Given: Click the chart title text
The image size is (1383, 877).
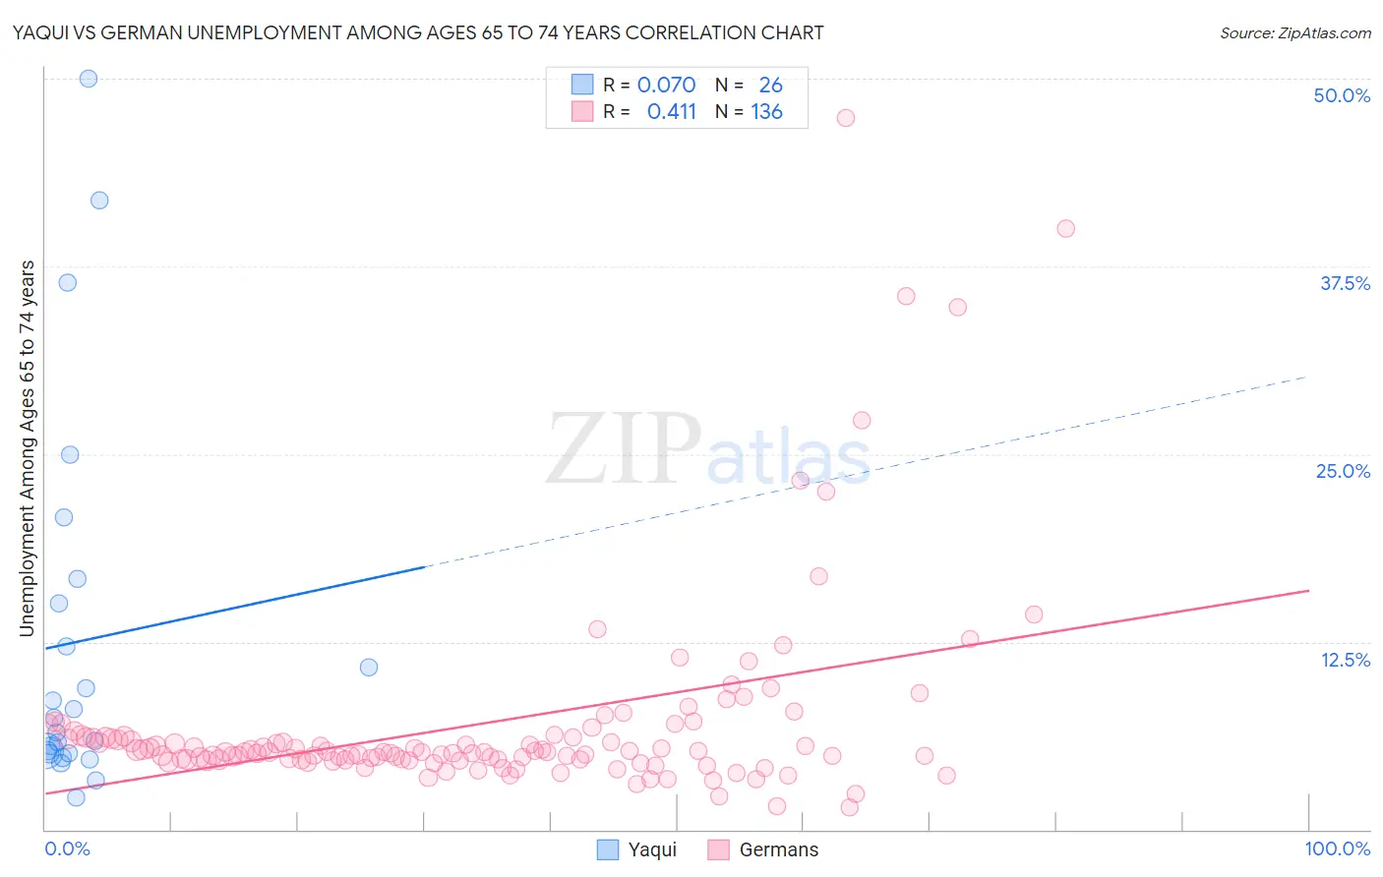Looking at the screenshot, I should pos(417,32).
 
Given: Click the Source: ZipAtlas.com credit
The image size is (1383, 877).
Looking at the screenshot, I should pos(1294,32).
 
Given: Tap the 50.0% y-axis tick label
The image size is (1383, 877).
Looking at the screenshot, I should pos(1342,95).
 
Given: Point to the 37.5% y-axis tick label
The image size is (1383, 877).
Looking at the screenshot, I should pos(1345,283).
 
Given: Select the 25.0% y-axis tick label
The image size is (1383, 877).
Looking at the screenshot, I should pos(1343,471).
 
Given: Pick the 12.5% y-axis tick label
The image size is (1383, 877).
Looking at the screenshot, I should pos(1345,660).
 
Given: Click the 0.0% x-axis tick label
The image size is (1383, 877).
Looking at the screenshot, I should pos(67,848).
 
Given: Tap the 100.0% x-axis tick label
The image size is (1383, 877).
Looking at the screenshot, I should pos(1337,848).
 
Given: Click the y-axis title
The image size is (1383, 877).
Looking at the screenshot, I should pos(27,448).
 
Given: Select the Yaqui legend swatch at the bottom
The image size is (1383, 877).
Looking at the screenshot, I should pos(608,849).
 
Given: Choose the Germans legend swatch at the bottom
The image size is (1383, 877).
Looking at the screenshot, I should pos(719,849).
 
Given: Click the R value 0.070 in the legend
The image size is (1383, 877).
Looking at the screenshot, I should pos(666,86).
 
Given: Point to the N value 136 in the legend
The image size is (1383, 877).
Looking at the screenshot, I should pos(766,112).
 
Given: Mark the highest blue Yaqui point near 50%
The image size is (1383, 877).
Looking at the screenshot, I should pos(89,79).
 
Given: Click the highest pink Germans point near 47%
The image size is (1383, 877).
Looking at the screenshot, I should pos(845,118).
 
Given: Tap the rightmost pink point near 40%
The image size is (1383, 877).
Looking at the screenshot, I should pos(1065,229).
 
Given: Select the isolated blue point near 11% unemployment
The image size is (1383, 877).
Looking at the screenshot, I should pos(369,668).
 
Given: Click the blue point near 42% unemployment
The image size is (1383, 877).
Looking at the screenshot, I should pos(99,201).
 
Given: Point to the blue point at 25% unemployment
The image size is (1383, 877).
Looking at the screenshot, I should pos(70,455).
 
